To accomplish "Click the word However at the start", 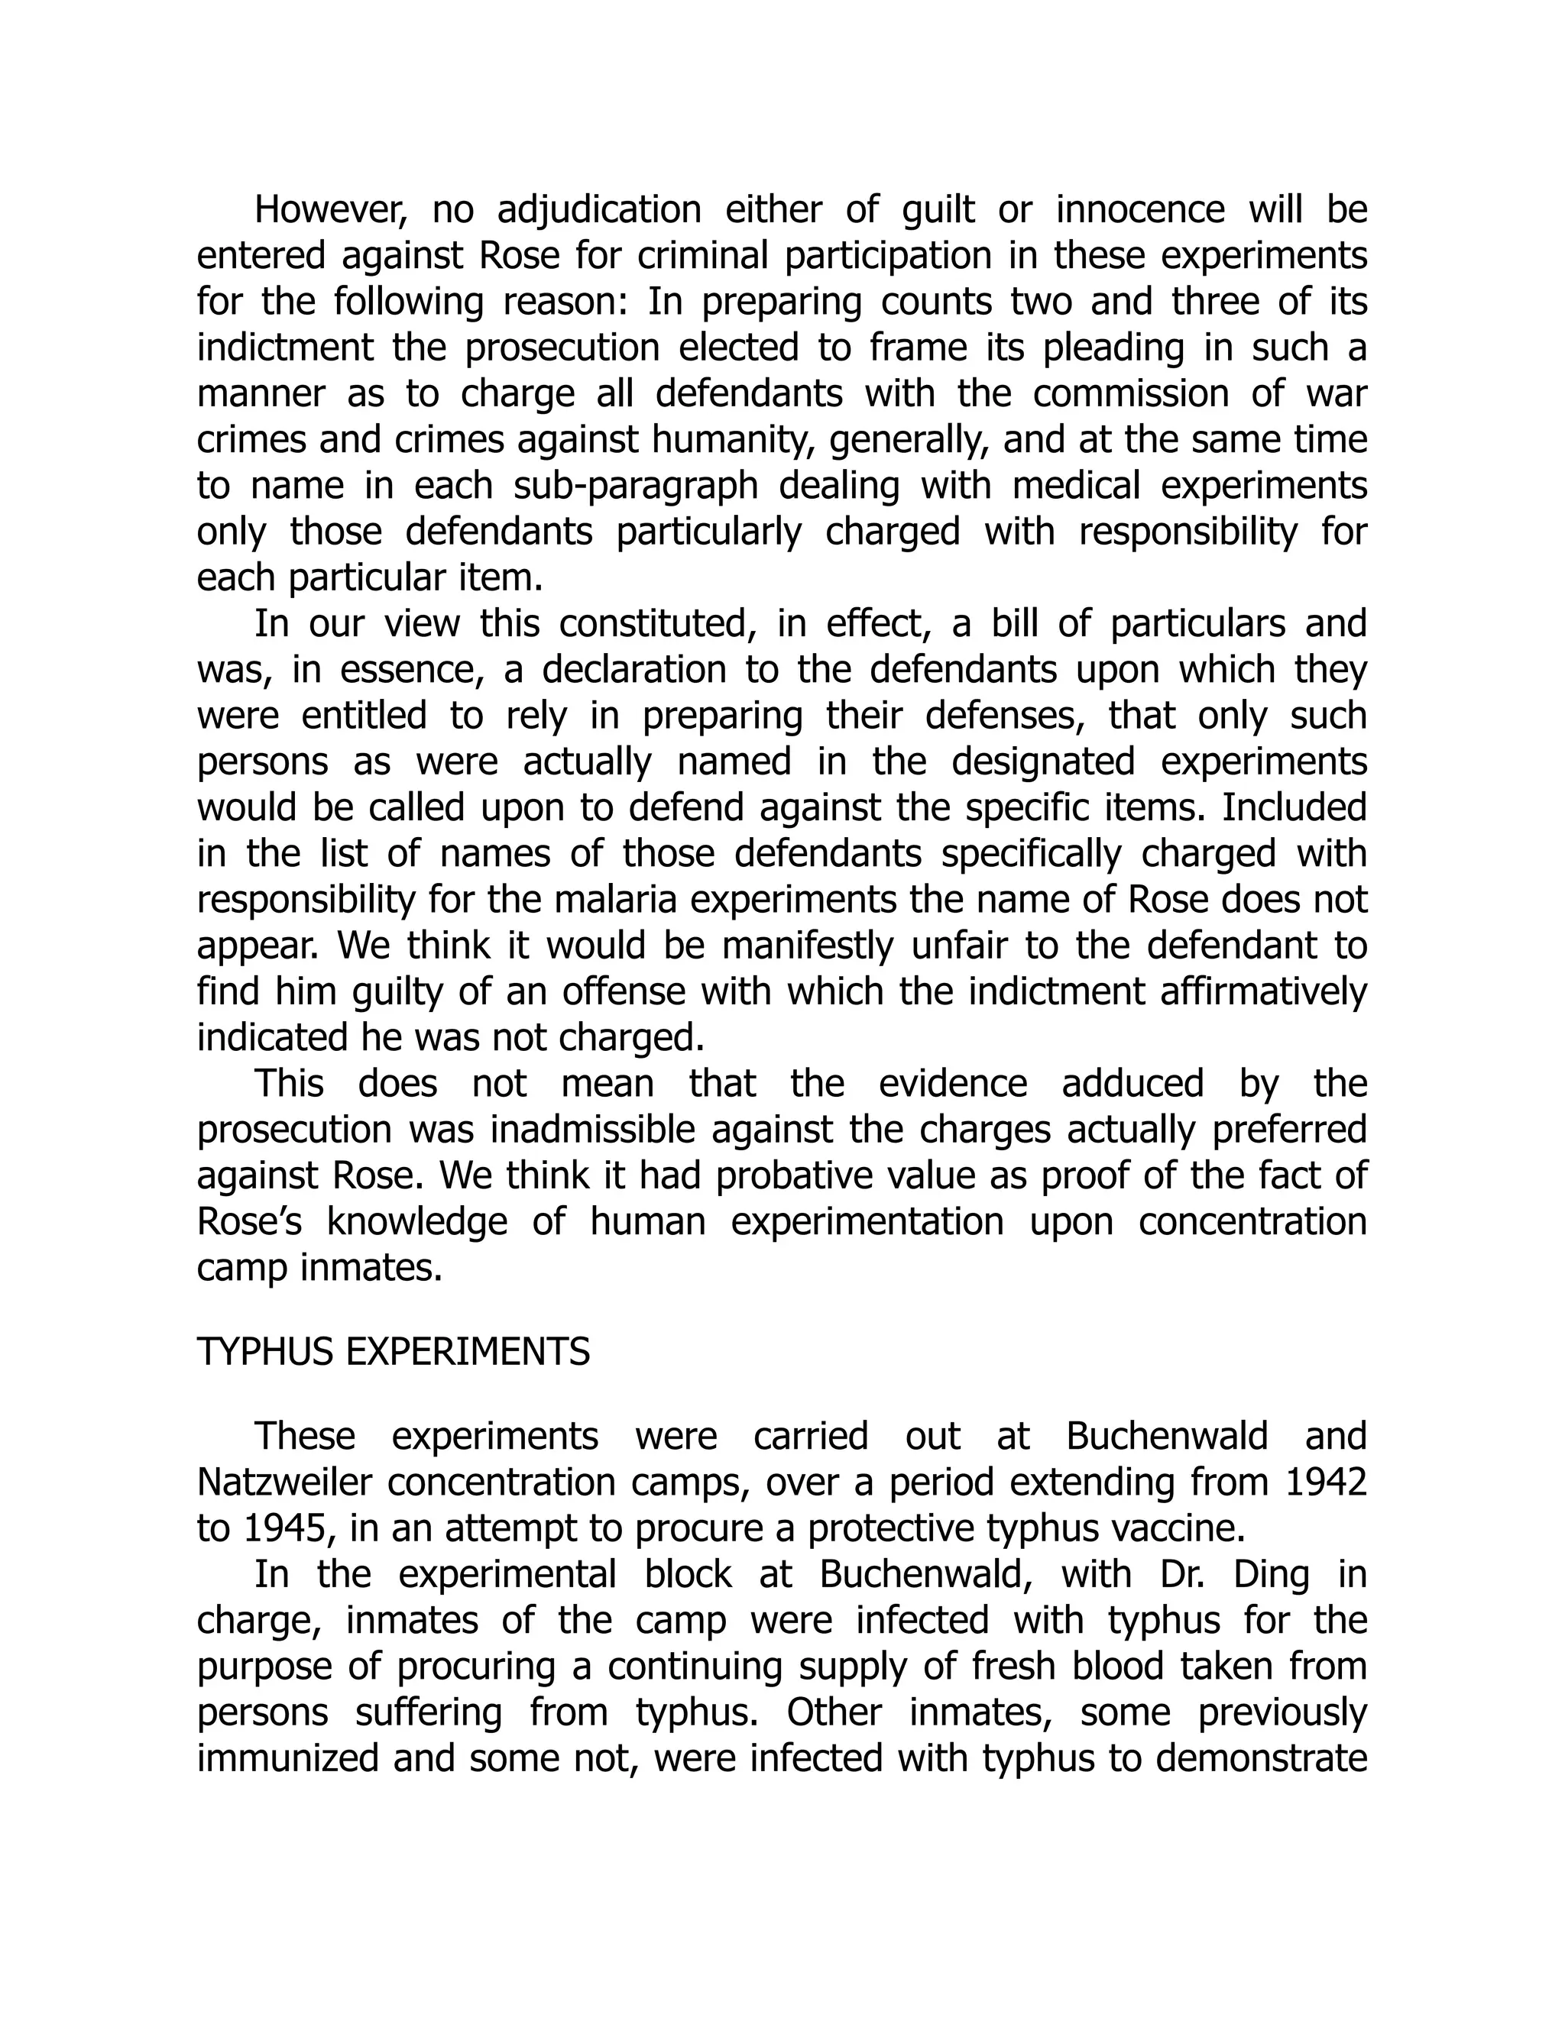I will coord(330,210).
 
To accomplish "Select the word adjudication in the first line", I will coord(599,210).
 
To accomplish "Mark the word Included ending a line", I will coord(1294,807).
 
